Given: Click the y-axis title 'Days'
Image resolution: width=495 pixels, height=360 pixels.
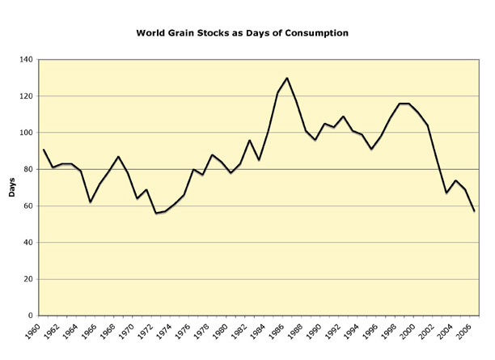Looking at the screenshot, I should [x=11, y=188].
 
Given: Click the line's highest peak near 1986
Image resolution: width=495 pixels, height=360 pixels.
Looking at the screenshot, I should [x=287, y=78].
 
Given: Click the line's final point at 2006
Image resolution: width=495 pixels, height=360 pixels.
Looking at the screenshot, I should [x=474, y=211].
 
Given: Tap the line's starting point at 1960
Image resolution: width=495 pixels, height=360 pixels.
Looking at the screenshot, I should [x=44, y=150].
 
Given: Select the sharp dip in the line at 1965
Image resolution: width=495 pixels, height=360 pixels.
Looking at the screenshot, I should [x=91, y=201].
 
